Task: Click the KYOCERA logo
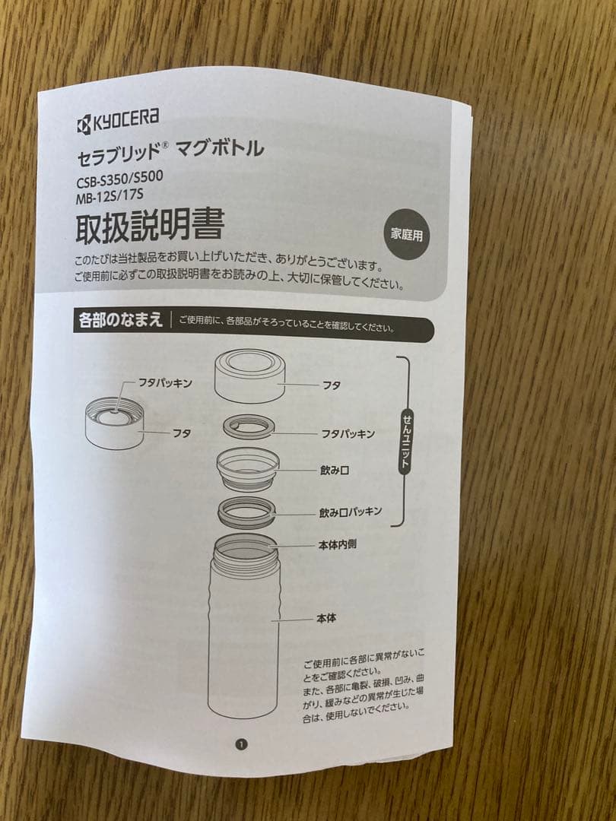pos(117,119)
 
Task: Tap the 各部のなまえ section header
pos(120,320)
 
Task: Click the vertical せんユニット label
pos(406,442)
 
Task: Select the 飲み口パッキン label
pos(351,512)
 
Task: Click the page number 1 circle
pos(241,744)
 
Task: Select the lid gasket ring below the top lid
pos(249,426)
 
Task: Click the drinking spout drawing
pos(248,468)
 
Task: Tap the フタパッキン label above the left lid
pos(165,383)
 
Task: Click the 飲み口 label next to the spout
pos(335,471)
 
